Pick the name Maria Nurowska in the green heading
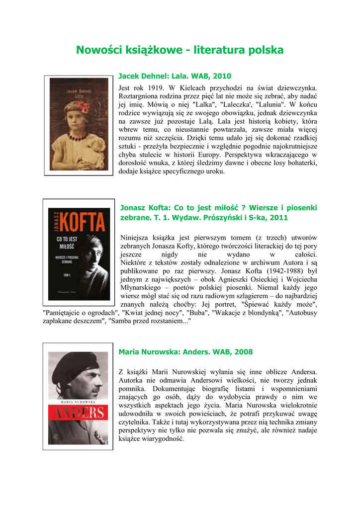tap(149, 352)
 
